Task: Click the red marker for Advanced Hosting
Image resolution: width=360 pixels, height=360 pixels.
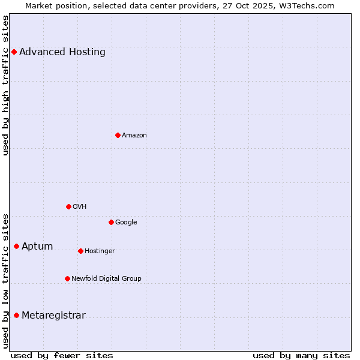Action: pyautogui.click(x=14, y=52)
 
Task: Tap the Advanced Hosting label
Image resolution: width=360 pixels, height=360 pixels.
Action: pyautogui.click(x=62, y=52)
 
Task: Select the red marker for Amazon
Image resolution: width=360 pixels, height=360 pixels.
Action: pyautogui.click(x=118, y=135)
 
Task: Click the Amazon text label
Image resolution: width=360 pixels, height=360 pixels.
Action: pyautogui.click(x=134, y=135)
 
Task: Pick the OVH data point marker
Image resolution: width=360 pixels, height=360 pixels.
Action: pyautogui.click(x=68, y=206)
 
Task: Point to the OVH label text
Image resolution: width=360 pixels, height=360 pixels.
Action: pyautogui.click(x=80, y=206)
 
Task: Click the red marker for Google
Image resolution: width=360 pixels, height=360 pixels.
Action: pyautogui.click(x=111, y=222)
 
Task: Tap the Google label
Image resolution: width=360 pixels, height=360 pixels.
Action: pyautogui.click(x=126, y=222)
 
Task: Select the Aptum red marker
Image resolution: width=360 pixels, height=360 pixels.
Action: pyautogui.click(x=16, y=246)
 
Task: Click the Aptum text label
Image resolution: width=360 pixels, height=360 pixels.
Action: pyautogui.click(x=37, y=246)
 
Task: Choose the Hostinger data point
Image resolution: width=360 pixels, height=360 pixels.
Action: pyautogui.click(x=80, y=251)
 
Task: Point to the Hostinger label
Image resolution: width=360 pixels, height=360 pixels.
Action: pyautogui.click(x=100, y=251)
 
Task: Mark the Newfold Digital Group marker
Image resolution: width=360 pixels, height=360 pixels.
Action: pyautogui.click(x=67, y=278)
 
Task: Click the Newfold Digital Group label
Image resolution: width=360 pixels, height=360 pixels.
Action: pyautogui.click(x=106, y=278)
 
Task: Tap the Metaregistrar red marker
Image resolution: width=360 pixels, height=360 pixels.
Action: pyautogui.click(x=16, y=315)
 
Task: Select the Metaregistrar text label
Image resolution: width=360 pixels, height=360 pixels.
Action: pyautogui.click(x=53, y=315)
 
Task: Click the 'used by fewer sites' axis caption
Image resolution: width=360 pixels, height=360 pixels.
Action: pyautogui.click(x=62, y=355)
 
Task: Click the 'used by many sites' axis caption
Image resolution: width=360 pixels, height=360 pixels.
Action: pyautogui.click(x=301, y=355)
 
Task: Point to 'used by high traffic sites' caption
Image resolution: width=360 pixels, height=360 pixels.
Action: pyautogui.click(x=6, y=85)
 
